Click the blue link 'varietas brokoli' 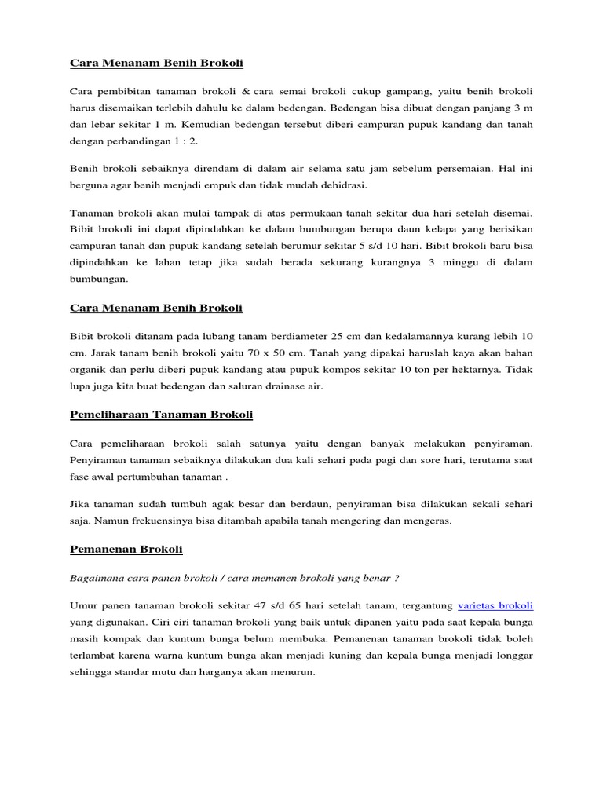495,605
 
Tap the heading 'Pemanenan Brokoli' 126,549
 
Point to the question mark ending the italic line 397,579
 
